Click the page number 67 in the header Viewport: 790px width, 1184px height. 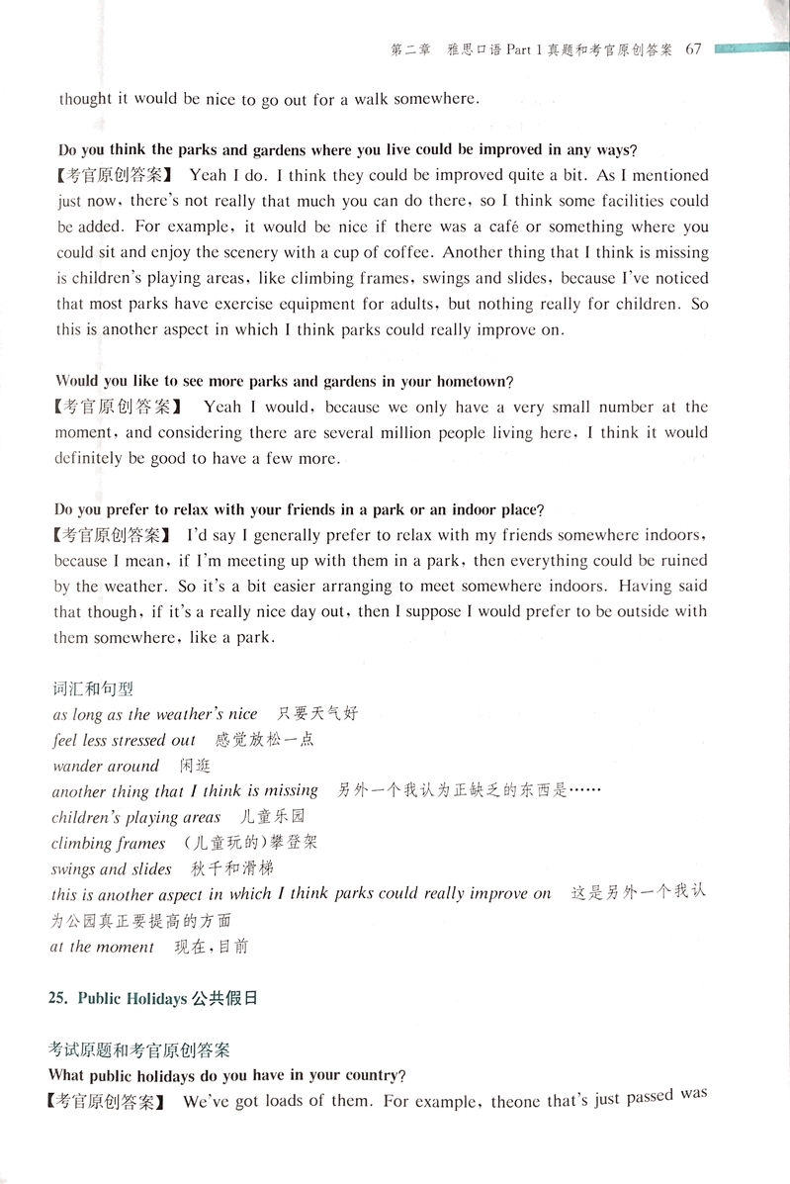tap(691, 50)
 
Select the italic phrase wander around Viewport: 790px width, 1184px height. tap(106, 766)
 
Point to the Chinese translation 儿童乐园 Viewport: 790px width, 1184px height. tap(272, 817)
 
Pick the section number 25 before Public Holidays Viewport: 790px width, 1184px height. tap(58, 998)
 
